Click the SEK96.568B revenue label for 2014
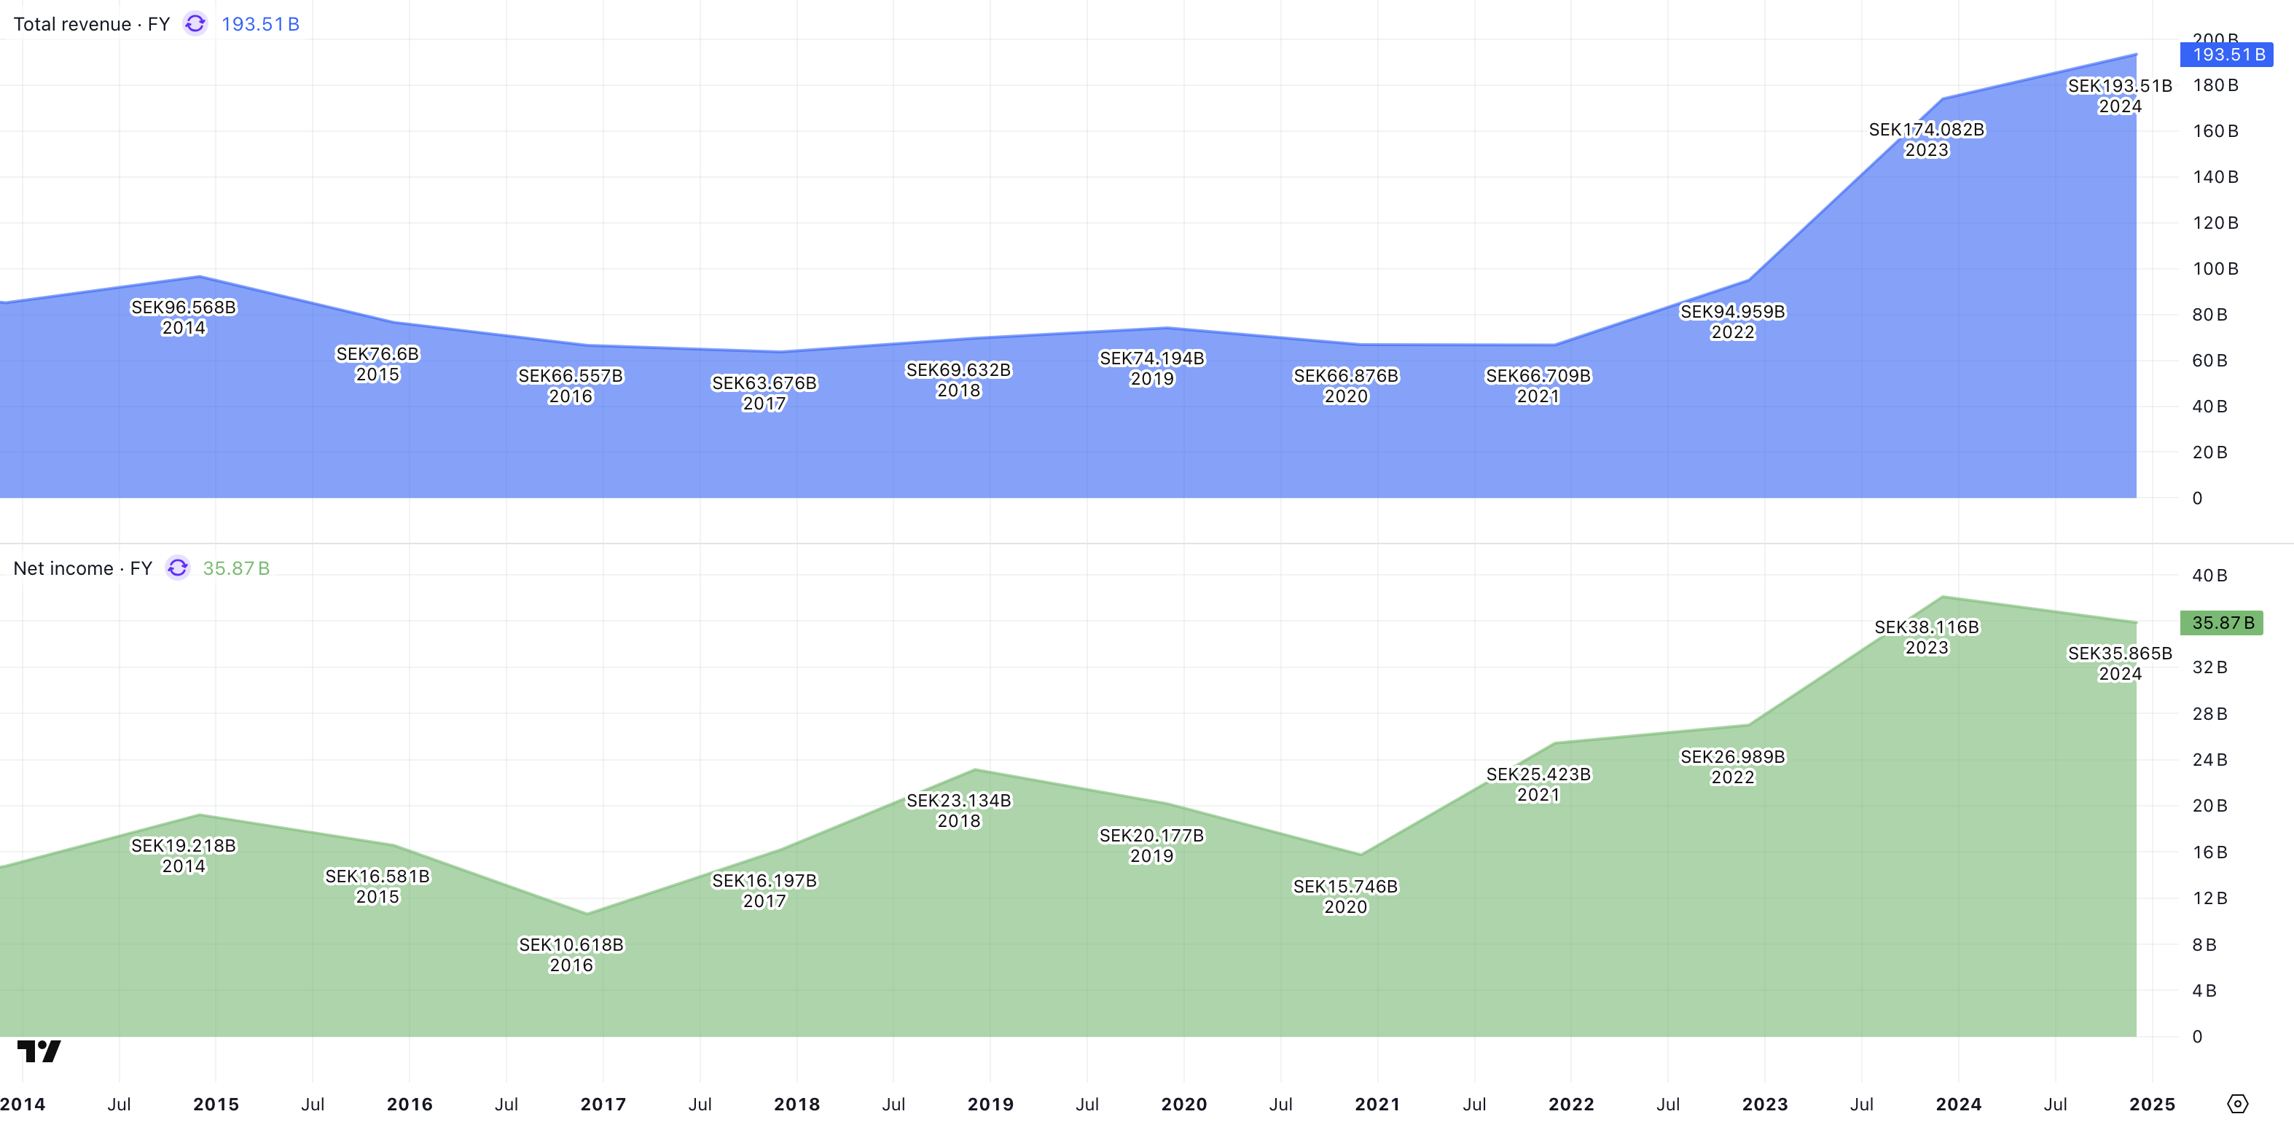[184, 308]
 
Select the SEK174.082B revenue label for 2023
[1926, 130]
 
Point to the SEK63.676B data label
[764, 384]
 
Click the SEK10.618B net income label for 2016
[571, 946]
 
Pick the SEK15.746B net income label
[1344, 887]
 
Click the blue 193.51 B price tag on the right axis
[2226, 55]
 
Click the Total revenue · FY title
[91, 24]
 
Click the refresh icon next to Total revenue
[195, 24]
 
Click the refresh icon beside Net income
[178, 568]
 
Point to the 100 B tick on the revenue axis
[2215, 269]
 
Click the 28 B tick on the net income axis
[2209, 714]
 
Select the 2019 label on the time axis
[990, 1105]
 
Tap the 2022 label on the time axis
[1571, 1105]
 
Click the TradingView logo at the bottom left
[39, 1051]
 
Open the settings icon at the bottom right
[2237, 1105]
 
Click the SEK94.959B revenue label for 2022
[1732, 313]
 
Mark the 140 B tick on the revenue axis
[2215, 177]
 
